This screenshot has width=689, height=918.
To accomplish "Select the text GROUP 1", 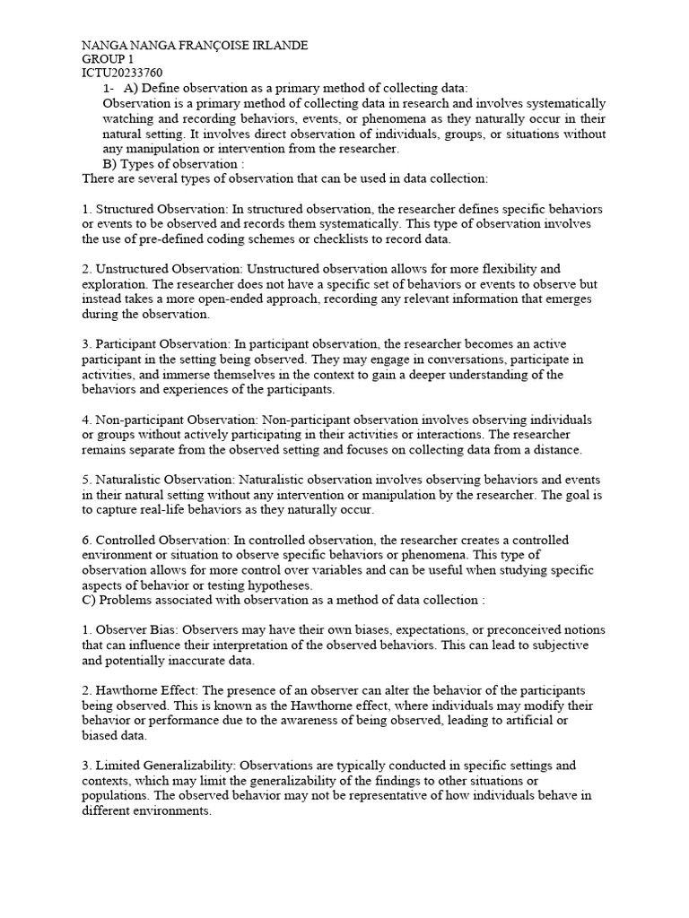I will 108,59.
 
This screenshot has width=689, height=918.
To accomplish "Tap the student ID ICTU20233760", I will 123,74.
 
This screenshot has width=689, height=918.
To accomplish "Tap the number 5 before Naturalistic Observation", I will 85,480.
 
